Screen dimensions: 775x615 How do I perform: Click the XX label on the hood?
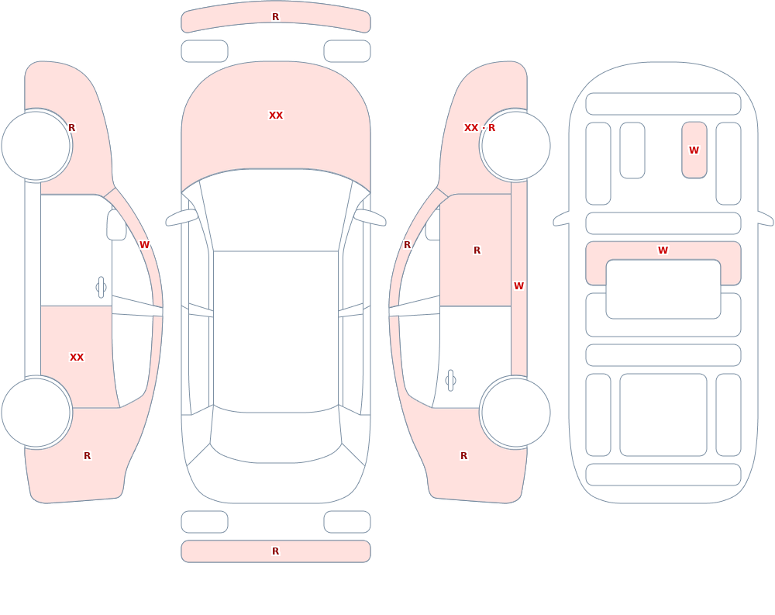pyautogui.click(x=276, y=116)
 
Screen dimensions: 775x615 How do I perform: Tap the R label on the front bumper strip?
pyautogui.click(x=276, y=17)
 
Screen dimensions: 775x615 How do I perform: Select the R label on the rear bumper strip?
pyautogui.click(x=276, y=551)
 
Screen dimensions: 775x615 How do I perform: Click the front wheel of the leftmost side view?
pyautogui.click(x=36, y=146)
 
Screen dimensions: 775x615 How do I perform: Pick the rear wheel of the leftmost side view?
pyautogui.click(x=36, y=412)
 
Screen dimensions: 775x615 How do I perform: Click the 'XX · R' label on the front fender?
pyautogui.click(x=480, y=128)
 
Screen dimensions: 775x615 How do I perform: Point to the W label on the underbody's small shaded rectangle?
pyautogui.click(x=694, y=150)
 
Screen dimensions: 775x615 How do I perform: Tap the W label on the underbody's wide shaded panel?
pyautogui.click(x=663, y=250)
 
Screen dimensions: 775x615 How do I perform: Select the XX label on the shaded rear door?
pyautogui.click(x=77, y=358)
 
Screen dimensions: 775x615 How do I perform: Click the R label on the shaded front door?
pyautogui.click(x=477, y=250)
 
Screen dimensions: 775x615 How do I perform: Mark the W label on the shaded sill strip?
pyautogui.click(x=518, y=286)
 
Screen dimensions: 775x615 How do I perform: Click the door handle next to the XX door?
pyautogui.click(x=101, y=288)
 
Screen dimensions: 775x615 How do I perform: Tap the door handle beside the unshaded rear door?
pyautogui.click(x=450, y=381)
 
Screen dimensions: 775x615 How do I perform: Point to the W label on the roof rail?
pyautogui.click(x=144, y=245)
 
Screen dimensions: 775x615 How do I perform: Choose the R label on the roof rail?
pyautogui.click(x=408, y=245)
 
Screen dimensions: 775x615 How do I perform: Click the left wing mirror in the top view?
pyautogui.click(x=181, y=217)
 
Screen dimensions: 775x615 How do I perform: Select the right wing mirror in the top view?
pyautogui.click(x=370, y=217)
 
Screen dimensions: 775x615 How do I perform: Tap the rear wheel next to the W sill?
pyautogui.click(x=516, y=412)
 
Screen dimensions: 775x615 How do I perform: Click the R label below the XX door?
pyautogui.click(x=88, y=456)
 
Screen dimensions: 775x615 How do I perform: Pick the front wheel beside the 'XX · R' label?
pyautogui.click(x=516, y=146)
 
